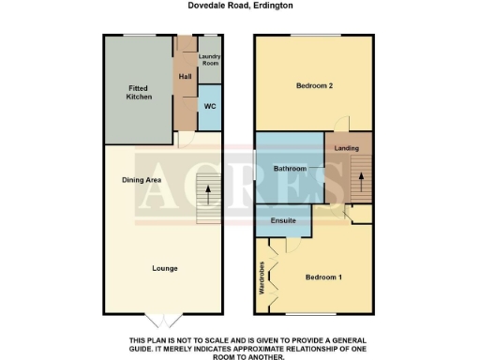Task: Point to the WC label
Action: click(x=209, y=106)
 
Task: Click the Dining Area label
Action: click(x=142, y=179)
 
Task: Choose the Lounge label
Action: click(x=165, y=268)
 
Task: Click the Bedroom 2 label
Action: click(x=315, y=86)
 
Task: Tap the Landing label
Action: click(x=347, y=148)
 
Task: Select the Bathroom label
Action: click(x=290, y=169)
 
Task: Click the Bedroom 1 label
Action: click(x=324, y=277)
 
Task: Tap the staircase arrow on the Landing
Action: click(x=358, y=177)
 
